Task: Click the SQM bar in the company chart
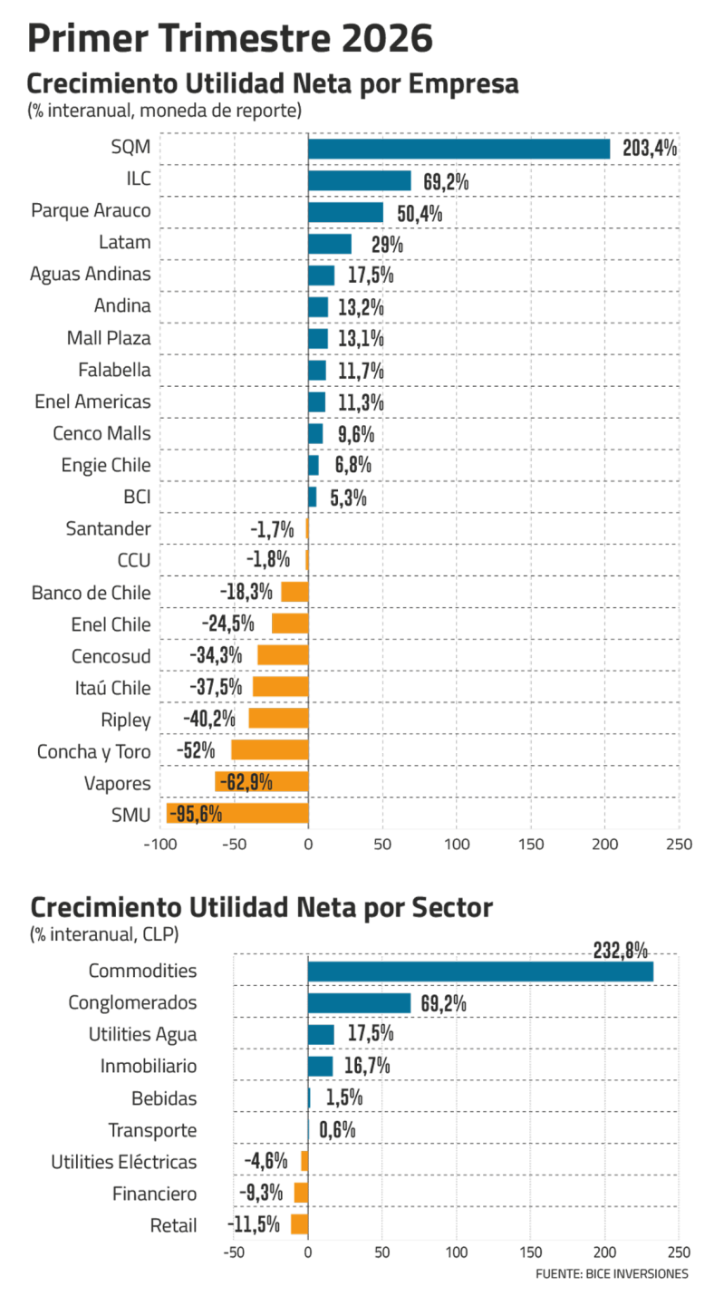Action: pos(458,149)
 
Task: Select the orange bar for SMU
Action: pos(237,813)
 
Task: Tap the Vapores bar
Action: pos(262,781)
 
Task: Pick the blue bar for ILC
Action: pos(360,180)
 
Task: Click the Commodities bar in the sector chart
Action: pos(480,971)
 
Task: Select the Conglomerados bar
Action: pos(359,1003)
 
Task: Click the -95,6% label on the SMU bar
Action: pos(196,814)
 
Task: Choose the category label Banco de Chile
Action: pos(91,594)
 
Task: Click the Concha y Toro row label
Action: pos(93,751)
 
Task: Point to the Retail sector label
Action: pos(174,1225)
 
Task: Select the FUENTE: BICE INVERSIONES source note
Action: pos(611,1274)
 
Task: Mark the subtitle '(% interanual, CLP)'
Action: pos(103,933)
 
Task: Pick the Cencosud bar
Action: pos(283,655)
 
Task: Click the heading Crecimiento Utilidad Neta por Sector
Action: pos(262,907)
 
